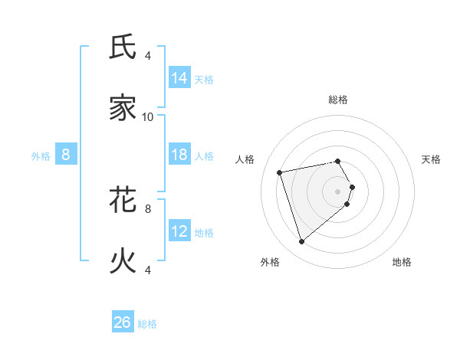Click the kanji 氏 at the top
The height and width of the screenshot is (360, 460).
123,47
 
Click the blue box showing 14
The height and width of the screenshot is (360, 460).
179,78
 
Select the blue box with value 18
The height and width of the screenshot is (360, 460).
179,155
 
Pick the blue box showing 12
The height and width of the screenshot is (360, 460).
179,231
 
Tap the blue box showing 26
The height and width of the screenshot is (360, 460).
123,322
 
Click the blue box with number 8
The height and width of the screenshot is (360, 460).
66,155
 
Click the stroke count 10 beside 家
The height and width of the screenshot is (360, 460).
148,116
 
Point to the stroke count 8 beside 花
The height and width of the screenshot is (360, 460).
148,208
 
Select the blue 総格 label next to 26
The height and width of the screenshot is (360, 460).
147,324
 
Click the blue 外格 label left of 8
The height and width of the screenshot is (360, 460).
41,156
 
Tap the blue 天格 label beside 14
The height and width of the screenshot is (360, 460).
204,80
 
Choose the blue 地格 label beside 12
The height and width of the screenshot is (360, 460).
204,233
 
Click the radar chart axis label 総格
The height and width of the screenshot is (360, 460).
338,100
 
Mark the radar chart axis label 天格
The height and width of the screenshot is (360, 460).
432,159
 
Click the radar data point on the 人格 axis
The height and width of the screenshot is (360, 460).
280,172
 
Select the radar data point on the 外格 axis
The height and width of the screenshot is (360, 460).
302,241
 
